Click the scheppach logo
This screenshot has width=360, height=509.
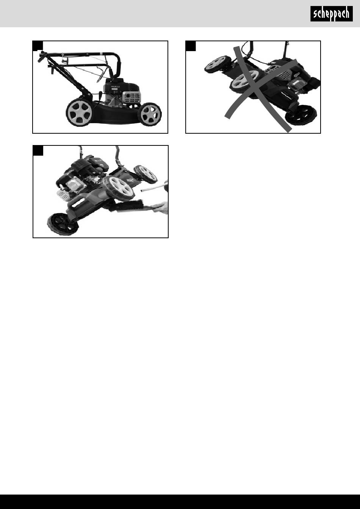click(331, 14)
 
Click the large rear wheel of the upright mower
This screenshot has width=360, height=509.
click(79, 112)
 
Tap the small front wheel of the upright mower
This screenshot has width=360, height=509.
click(150, 114)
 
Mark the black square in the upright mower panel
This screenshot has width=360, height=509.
click(38, 46)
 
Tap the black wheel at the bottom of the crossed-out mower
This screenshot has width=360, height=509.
click(301, 116)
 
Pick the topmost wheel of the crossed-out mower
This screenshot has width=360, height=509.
click(218, 64)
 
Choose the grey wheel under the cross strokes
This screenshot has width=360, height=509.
click(244, 81)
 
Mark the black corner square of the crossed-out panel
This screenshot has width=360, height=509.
click(191, 46)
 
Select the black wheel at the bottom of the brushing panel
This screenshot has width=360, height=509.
click(62, 224)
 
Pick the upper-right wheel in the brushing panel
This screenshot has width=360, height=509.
click(145, 174)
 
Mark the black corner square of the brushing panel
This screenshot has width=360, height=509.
click(38, 150)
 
